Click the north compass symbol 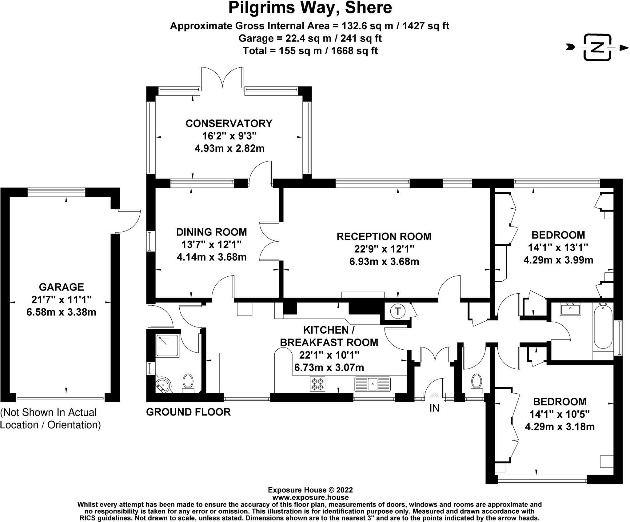pyautogui.click(x=597, y=47)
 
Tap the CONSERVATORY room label pyautogui.click(x=229, y=123)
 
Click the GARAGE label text pyautogui.click(x=62, y=287)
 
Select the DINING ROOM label pyautogui.click(x=212, y=232)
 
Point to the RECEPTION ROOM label pyautogui.click(x=384, y=236)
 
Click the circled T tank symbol pyautogui.click(x=398, y=312)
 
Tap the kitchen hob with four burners pyautogui.click(x=317, y=384)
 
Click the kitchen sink pyautogui.click(x=373, y=384)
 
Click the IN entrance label pyautogui.click(x=434, y=408)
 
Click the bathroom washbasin pyautogui.click(x=570, y=309)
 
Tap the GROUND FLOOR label pyautogui.click(x=188, y=412)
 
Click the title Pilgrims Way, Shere pyautogui.click(x=310, y=8)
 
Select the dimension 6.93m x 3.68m pyautogui.click(x=384, y=262)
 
